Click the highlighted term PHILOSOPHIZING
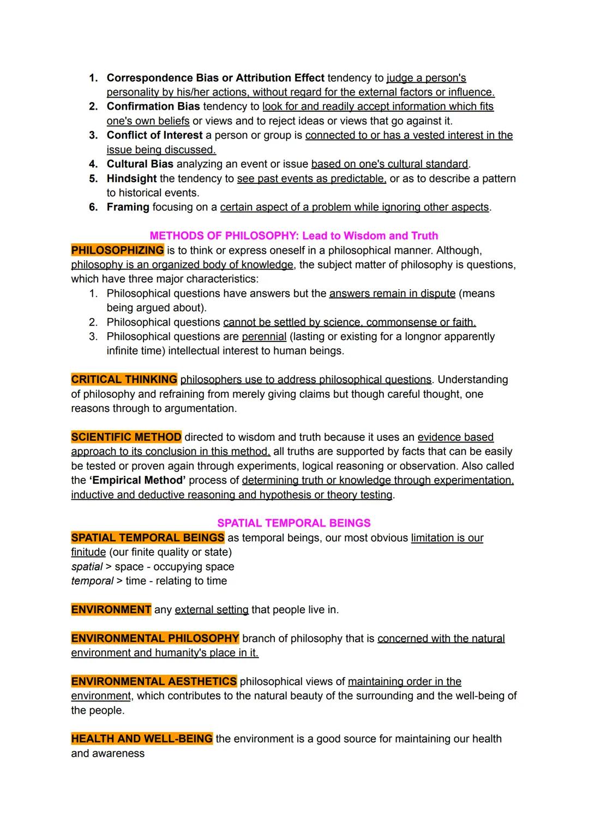click(x=117, y=250)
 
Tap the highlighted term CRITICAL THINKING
click(x=124, y=380)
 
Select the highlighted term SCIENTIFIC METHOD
click(x=126, y=437)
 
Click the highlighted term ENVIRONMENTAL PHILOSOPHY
click(x=155, y=638)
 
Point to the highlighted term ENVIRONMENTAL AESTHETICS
click(x=154, y=681)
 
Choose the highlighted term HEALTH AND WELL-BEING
click(x=142, y=739)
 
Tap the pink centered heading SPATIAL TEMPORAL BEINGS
click(x=294, y=523)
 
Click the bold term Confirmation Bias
click(x=153, y=106)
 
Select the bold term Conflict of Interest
click(x=154, y=135)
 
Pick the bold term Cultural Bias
click(x=140, y=164)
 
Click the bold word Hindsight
click(x=131, y=178)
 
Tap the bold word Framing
click(x=128, y=207)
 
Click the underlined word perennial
click(x=264, y=337)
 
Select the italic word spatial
click(x=87, y=567)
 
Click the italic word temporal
click(x=92, y=581)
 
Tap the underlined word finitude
click(x=88, y=552)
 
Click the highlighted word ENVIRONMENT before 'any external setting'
click(x=111, y=609)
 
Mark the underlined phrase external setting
click(x=212, y=609)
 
